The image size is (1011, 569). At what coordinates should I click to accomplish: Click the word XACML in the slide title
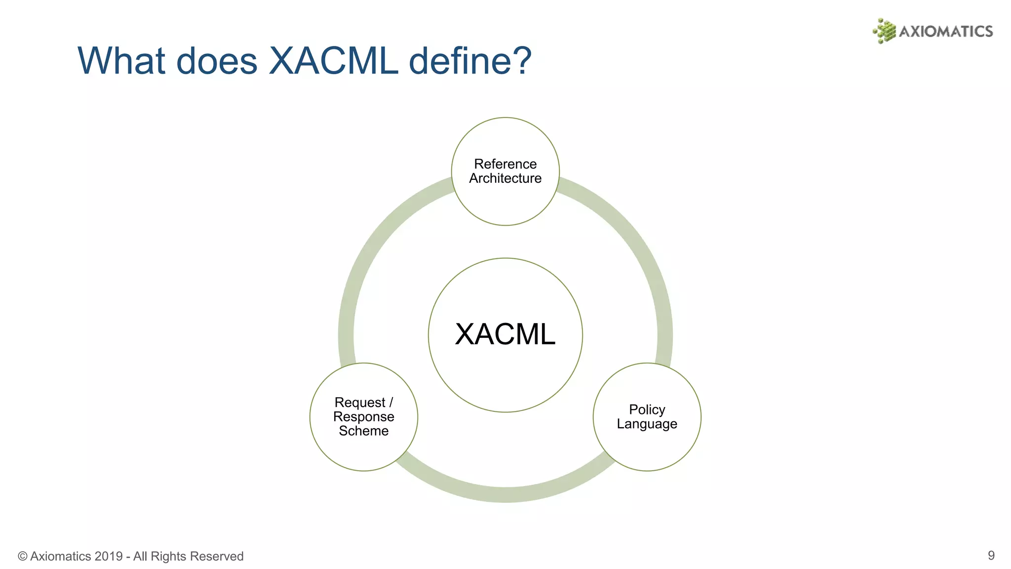(333, 61)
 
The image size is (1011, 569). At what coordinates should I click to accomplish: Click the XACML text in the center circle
(505, 334)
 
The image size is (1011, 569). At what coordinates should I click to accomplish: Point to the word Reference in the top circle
(505, 164)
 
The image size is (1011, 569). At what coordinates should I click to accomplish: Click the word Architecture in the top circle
(505, 178)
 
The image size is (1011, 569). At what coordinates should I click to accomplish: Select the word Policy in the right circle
(647, 410)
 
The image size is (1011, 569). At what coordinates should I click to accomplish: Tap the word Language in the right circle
(647, 424)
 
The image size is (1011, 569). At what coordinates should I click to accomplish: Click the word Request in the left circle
(360, 403)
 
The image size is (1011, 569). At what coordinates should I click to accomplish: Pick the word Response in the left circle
(364, 417)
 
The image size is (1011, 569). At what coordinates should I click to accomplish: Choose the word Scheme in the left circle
(364, 431)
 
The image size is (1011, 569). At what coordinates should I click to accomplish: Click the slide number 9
(991, 556)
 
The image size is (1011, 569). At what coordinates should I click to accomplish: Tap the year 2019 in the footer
(108, 557)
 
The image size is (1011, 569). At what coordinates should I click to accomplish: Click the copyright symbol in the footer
(23, 557)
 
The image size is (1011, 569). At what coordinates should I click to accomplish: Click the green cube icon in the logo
(884, 31)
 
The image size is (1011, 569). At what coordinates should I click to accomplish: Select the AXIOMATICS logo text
(945, 32)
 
